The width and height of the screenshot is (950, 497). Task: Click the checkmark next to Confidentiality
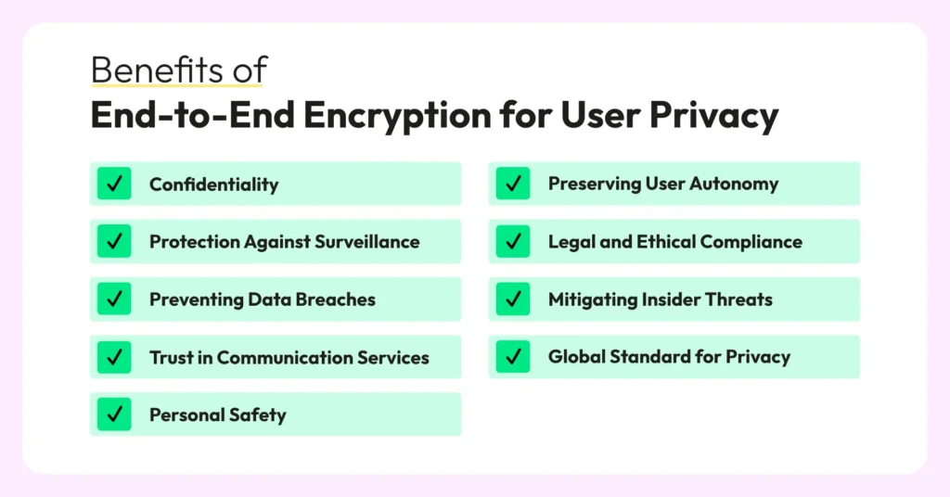(114, 184)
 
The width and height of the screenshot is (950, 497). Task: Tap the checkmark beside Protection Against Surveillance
(114, 241)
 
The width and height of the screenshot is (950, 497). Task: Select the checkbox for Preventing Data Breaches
(114, 299)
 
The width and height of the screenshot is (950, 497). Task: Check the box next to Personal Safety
(114, 414)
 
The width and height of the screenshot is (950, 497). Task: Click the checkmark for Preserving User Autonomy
(513, 184)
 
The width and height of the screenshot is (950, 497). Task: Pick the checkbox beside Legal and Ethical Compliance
(513, 241)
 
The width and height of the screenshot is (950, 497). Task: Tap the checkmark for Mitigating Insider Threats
(513, 299)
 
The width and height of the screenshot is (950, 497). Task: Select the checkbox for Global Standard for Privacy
(513, 357)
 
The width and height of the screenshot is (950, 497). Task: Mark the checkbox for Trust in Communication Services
(114, 357)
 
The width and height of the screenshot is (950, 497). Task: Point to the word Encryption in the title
(397, 116)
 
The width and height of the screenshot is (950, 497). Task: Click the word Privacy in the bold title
(713, 116)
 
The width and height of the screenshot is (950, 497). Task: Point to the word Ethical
(664, 241)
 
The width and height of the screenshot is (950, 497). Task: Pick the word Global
(576, 357)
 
